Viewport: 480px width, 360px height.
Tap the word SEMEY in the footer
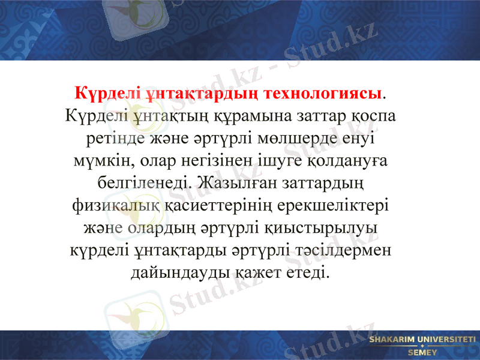tap(422, 353)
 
